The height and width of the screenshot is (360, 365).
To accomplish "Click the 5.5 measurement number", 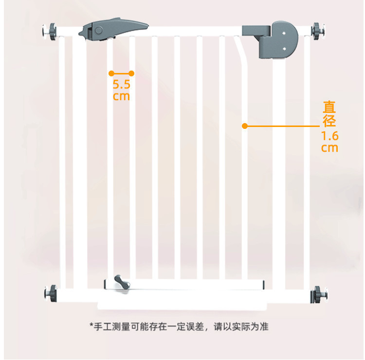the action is pos(121,84).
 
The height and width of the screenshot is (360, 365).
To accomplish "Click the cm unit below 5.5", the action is pos(121,96).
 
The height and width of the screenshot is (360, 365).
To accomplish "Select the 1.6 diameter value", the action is pos(329,136).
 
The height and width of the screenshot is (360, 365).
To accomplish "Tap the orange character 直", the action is pos(329,108).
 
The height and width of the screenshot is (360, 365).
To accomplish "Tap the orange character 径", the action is pos(329,121).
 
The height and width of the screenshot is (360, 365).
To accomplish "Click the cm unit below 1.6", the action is pos(329,147).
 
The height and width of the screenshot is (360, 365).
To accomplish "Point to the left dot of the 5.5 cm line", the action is pos(111,73).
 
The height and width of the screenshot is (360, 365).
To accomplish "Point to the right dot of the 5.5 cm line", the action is pos(131,73).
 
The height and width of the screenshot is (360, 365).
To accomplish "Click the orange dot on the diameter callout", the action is pos(245,126).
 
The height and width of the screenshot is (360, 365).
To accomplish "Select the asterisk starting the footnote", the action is pos(91,325).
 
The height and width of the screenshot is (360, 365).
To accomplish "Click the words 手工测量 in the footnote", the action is pos(112,326).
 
